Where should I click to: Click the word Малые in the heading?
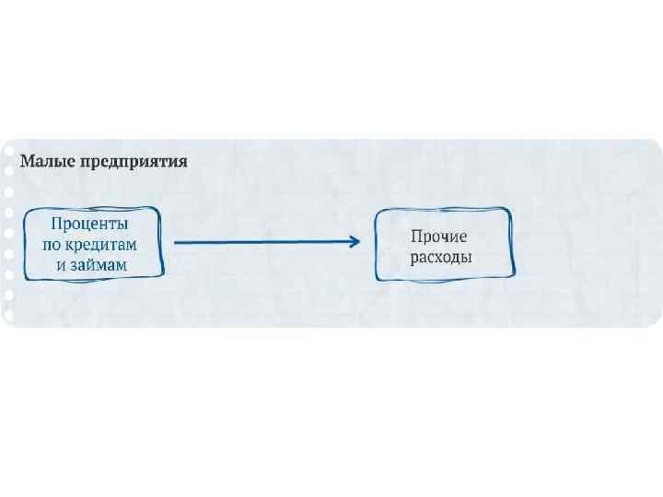pos(47,161)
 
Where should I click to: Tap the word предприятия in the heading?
pos(134,162)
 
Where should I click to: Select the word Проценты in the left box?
pos(89,224)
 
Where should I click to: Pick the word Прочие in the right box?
pos(439,237)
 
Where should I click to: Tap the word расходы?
pos(441,257)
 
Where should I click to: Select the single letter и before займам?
pos(60,264)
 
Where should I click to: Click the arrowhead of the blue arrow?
pos(354,242)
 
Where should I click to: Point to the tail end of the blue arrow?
pos(176,242)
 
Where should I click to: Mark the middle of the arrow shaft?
pos(264,242)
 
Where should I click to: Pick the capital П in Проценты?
pos(56,224)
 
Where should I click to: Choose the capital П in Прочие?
pos(416,237)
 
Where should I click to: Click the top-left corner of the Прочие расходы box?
pos(377,212)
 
